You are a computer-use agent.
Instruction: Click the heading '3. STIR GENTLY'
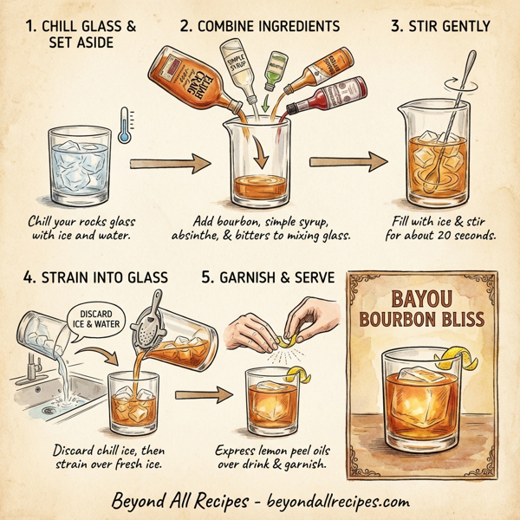point(439,27)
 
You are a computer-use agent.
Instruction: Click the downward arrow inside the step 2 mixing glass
point(257,153)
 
